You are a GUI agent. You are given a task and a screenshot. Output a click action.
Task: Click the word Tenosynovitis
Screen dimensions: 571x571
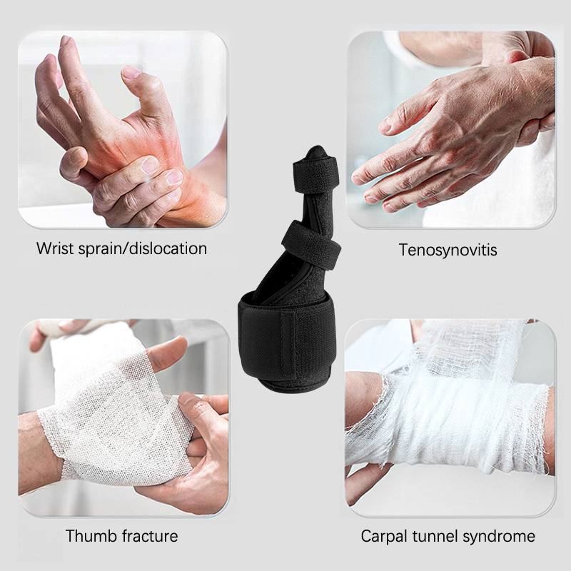click(x=448, y=251)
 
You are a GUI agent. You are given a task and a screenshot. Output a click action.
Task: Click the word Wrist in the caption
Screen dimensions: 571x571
click(x=55, y=248)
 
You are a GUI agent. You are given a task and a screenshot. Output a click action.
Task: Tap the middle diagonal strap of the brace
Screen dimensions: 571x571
click(x=311, y=245)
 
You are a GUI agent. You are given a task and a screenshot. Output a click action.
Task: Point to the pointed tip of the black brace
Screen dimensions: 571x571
click(x=316, y=148)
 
